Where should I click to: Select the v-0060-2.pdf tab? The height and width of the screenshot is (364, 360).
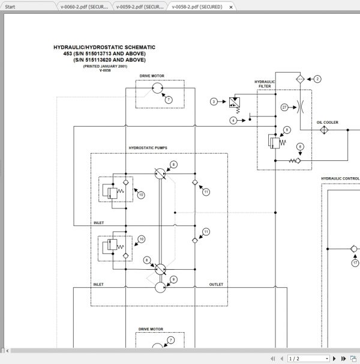(x=84, y=7)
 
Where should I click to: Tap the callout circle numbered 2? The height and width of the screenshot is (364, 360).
(x=317, y=79)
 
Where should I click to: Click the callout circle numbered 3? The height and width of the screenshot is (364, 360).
(x=213, y=102)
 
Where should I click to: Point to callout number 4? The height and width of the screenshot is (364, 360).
(x=233, y=121)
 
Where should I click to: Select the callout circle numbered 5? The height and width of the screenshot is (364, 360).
(x=287, y=129)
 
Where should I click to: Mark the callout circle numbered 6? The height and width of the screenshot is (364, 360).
(x=300, y=145)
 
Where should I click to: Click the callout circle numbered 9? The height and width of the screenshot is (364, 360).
(x=173, y=279)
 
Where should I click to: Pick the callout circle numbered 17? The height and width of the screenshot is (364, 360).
(x=355, y=262)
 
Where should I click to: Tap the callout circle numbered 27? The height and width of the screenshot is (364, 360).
(x=284, y=108)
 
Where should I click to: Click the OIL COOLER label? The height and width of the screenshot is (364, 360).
(x=327, y=123)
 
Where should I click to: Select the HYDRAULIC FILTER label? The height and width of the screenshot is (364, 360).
(x=265, y=83)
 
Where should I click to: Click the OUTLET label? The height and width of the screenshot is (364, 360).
(x=216, y=284)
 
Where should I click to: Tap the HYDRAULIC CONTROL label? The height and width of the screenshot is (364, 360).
(x=340, y=178)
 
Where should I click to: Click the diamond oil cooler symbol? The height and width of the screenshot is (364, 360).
(x=323, y=130)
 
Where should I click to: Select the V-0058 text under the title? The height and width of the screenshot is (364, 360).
(x=105, y=70)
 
